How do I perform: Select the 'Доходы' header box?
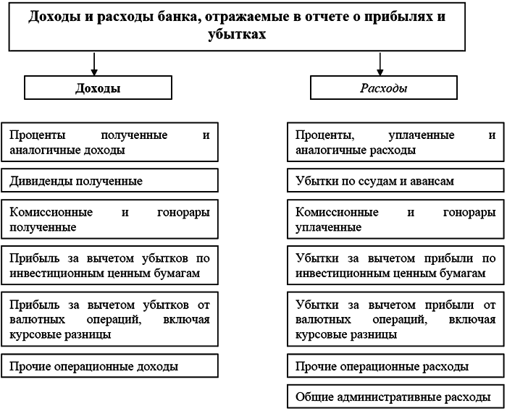(98, 88)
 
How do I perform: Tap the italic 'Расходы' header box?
(383, 88)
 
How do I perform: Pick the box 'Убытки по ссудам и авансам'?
(395, 180)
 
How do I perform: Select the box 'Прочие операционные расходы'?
(395, 366)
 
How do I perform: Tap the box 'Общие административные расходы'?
(395, 397)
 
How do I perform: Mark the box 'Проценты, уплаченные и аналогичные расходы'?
(395, 143)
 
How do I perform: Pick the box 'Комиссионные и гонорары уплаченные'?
(395, 220)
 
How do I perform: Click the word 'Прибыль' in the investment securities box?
(30, 258)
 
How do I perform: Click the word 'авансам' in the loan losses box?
(432, 180)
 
